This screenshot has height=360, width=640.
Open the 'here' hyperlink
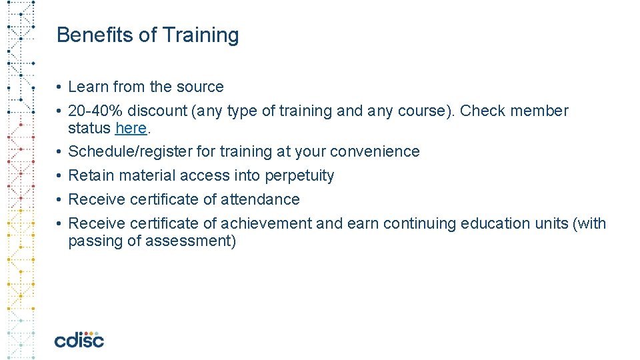click(131, 127)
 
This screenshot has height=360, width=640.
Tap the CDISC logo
click(79, 339)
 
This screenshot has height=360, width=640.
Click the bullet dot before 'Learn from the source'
click(59, 87)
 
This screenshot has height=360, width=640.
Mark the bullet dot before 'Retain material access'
click(59, 176)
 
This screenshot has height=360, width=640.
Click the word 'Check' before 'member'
click(482, 111)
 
